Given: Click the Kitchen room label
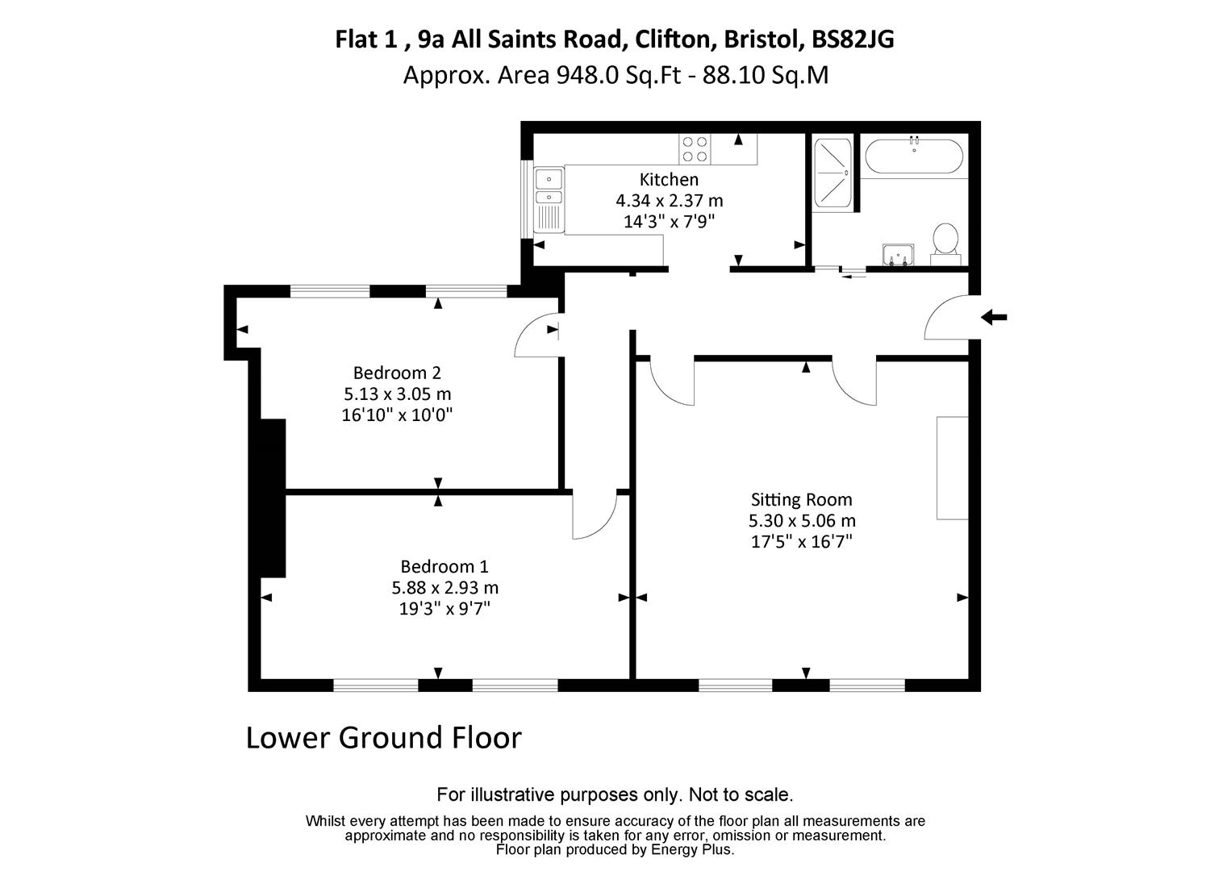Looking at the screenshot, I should pos(669,179).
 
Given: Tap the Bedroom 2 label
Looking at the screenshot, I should pos(397,373).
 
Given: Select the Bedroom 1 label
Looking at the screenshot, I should pos(444,566).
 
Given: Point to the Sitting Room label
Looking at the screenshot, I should pos(801,499).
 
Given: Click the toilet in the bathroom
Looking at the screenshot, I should pos(945,243).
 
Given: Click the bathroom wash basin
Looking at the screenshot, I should pos(897,254).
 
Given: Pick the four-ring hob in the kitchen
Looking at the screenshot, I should pos(695,149).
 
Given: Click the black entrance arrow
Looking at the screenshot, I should pos(994,318).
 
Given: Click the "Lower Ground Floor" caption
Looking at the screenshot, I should pos(383,737).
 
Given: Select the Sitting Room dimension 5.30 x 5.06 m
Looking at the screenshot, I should pos(801,520).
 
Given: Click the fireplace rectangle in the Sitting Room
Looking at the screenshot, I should pos(952,468).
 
